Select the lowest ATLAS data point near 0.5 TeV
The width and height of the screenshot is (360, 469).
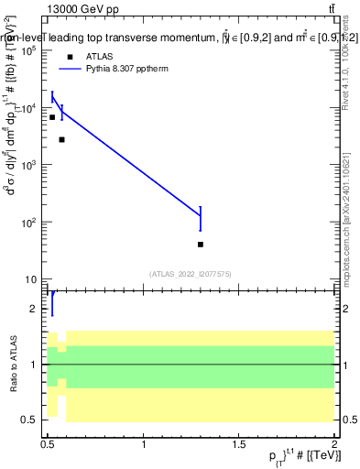[52, 117]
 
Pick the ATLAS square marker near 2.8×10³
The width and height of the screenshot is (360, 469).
[61, 139]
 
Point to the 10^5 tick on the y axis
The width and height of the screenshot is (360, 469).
[31, 51]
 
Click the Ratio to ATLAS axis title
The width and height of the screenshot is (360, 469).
[11, 365]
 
